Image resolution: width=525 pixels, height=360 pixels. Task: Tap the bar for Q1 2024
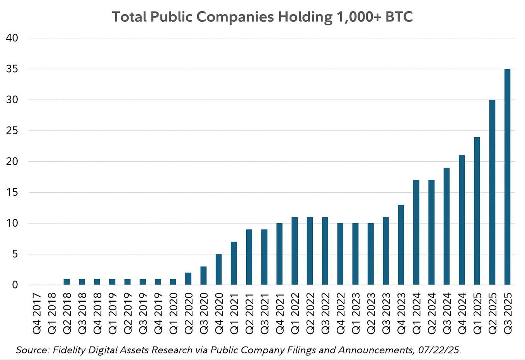(x=416, y=233)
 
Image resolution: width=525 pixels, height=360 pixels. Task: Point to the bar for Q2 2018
(x=66, y=282)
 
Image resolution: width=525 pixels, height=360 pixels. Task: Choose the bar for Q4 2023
(x=401, y=245)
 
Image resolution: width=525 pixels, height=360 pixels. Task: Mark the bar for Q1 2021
(x=234, y=263)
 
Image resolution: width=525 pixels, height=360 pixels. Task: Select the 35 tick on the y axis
(x=12, y=69)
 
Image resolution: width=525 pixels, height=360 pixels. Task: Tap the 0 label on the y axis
(x=15, y=285)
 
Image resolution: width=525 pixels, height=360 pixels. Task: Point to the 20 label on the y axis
(x=12, y=161)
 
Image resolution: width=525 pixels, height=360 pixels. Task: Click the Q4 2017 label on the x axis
(x=36, y=313)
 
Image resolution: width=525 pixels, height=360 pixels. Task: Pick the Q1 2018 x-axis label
(x=51, y=313)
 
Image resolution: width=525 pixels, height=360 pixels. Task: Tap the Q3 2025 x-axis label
(x=507, y=313)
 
